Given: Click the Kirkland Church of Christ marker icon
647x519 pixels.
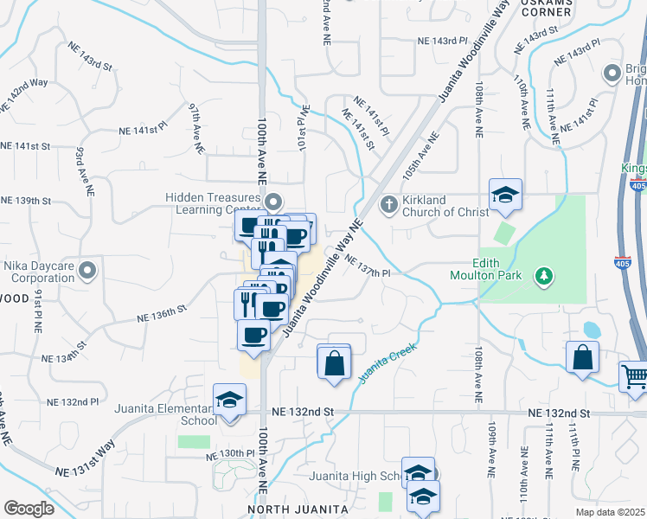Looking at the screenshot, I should [388, 204].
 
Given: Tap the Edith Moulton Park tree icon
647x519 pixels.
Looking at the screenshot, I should [543, 277].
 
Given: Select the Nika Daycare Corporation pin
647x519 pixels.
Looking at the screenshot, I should [86, 272].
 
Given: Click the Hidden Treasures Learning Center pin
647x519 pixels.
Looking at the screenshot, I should [273, 203].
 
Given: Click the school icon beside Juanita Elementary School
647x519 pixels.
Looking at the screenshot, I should [229, 400].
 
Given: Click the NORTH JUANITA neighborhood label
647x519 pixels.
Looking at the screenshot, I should [291, 509].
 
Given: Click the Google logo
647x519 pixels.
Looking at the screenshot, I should [29, 509].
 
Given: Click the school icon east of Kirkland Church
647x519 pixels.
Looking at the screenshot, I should [505, 196].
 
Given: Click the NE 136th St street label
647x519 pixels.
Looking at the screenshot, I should [162, 313].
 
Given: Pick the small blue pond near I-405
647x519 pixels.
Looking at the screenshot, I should [592, 330].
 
